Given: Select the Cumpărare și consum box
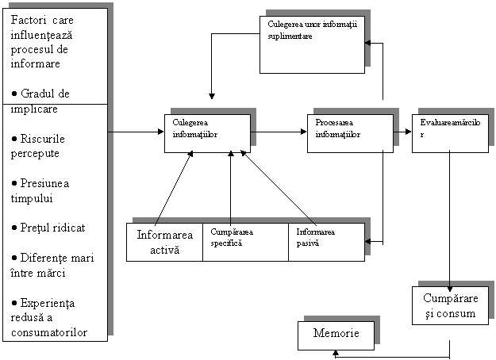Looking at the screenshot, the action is pos(450,305).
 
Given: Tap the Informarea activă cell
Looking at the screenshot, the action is pos(164,242).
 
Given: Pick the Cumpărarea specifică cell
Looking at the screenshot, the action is pos(245,242).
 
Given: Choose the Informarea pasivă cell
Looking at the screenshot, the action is pos(326,242).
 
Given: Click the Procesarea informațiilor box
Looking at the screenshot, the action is pos(350,133).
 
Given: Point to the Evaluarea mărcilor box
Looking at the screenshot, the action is pos(450,133).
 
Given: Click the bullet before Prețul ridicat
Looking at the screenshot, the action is pos(14,228).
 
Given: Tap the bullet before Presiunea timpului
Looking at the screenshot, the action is pos(14,183).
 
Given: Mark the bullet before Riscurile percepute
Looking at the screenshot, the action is pos(14,139).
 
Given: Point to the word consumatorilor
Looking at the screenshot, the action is pos(49,332).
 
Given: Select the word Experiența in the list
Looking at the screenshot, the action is pos(48,304).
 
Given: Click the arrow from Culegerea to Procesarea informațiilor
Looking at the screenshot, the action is pos(279,132).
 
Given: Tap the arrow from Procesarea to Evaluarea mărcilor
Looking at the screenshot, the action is pos(402,132).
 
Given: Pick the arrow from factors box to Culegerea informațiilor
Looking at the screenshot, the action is pos(136,132).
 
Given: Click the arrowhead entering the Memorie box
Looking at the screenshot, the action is pos(336,353).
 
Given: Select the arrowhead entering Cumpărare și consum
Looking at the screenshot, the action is pos(450,289).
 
